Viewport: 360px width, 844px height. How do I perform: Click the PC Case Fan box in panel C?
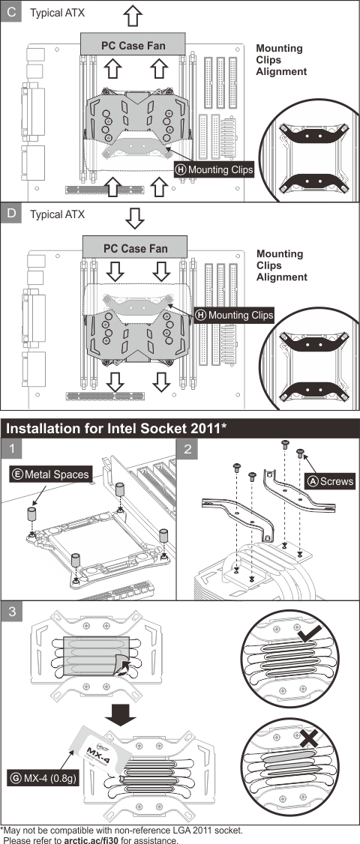tap(133, 45)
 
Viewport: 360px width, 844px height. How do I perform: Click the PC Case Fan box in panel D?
tap(134, 247)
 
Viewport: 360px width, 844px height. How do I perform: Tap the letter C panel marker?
tap(11, 13)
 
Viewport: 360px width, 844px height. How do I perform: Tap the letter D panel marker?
tap(11, 214)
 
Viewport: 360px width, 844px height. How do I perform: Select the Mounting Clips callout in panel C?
tap(214, 170)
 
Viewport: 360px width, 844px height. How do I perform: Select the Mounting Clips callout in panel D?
tap(234, 315)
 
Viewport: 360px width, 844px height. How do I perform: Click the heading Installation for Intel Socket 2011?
tap(116, 429)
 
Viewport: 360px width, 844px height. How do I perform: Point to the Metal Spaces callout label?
tap(49, 474)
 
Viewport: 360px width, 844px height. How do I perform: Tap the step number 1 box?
tap(11, 449)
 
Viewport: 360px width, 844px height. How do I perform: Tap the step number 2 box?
tap(187, 449)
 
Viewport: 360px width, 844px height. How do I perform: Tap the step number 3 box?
tap(11, 611)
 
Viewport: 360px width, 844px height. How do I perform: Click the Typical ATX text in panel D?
tap(57, 214)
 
